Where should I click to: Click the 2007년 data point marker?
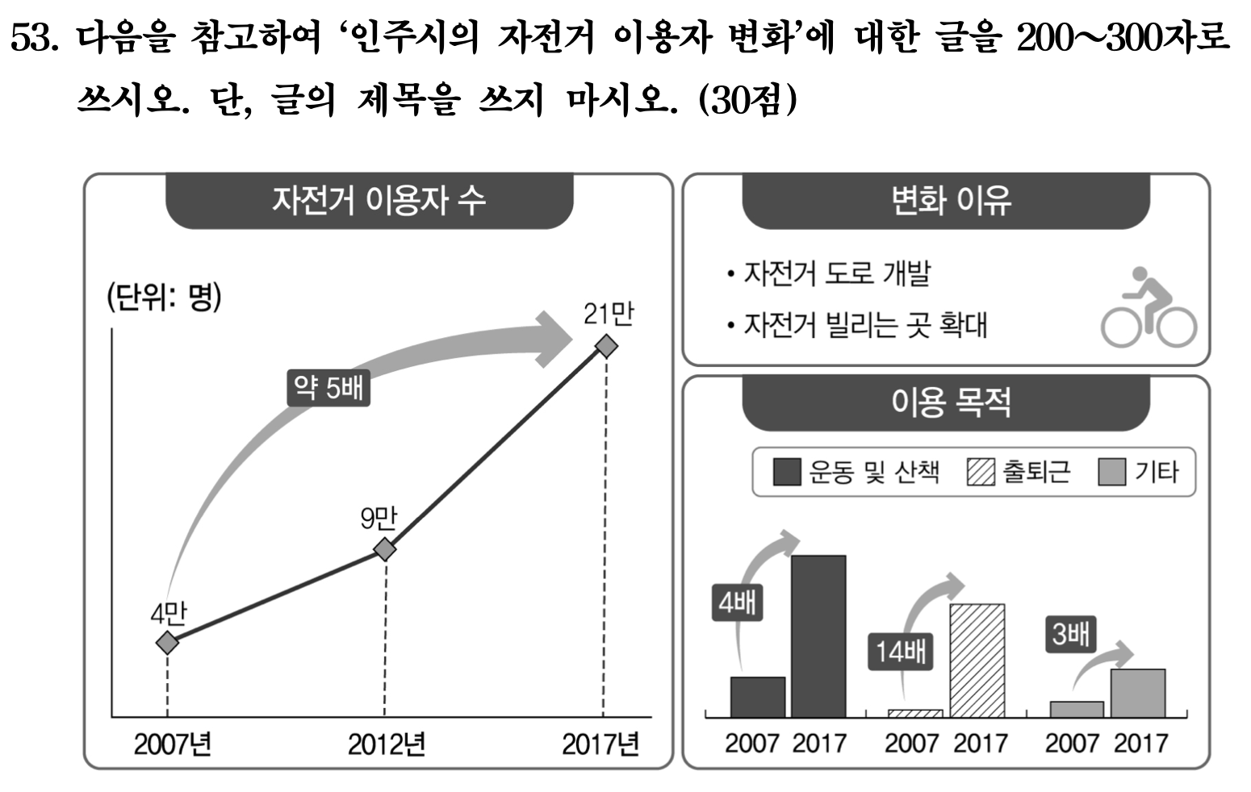pos(167,642)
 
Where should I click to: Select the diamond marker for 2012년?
pos(385,549)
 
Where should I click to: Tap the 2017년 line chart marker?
pos(605,347)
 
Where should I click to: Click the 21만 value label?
pos(608,314)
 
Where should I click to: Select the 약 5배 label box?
pos(328,389)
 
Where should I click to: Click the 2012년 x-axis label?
pos(386,744)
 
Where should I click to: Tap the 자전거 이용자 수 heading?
pos(379,200)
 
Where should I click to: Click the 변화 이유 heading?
pos(950,200)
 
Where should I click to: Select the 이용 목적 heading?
pos(950,402)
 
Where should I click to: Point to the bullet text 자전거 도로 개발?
pos(836,274)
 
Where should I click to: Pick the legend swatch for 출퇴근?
pos(981,472)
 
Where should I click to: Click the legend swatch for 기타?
pos(1111,472)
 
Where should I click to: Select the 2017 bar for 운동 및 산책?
pos(818,636)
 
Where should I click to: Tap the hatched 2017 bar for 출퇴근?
pos(977,660)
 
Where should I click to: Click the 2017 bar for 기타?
pos(1137,692)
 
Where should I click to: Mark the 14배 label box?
pos(901,651)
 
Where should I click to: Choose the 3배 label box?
pos(1070,634)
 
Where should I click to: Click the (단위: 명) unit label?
pos(164,298)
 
